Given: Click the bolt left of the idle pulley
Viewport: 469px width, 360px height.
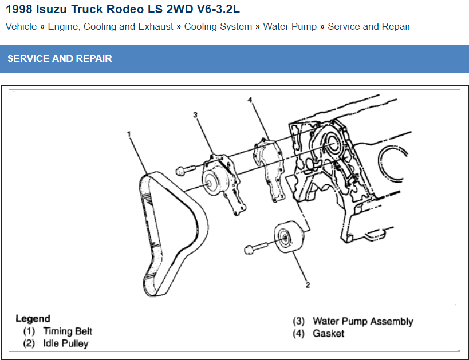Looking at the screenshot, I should (252, 249).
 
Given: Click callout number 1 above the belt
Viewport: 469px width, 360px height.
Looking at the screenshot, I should (129, 134).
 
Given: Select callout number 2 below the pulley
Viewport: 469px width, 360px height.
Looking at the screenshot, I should (308, 285).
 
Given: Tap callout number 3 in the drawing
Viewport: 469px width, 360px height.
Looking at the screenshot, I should (195, 115).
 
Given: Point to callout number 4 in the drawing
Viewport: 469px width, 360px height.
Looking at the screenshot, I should (250, 100).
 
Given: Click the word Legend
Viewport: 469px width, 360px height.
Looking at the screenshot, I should (33, 319).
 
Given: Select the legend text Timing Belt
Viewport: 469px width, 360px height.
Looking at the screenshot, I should (68, 331).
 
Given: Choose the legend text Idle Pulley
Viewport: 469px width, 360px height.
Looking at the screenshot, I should (66, 344).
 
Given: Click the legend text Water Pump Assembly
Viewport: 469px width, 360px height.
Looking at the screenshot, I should (362, 321).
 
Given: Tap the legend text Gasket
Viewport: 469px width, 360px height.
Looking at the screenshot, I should (328, 333).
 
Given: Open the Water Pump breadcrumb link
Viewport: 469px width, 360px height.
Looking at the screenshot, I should (290, 26).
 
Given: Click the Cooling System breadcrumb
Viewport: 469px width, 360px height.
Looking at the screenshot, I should (218, 26).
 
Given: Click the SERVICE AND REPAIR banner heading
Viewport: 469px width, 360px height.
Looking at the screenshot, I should (60, 58).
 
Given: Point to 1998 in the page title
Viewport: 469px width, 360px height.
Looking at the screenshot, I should (19, 10).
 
